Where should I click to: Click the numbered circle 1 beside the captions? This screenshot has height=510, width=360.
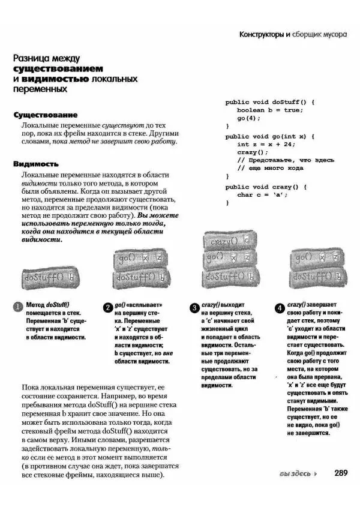pos(19,308)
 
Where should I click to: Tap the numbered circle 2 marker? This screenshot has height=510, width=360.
pos(107,308)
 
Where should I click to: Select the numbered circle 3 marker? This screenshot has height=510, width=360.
pos(194,308)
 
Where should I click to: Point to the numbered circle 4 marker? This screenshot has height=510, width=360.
pos(280,308)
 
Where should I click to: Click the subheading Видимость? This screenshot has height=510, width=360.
pos(35,163)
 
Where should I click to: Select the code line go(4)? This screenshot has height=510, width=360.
pos(249,118)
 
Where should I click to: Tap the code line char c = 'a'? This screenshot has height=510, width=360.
pos(263,194)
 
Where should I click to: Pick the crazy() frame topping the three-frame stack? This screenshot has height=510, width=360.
pos(230,241)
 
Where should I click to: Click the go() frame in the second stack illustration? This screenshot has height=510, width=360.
pos(140,259)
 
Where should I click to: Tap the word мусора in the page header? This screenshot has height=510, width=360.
pos(333,34)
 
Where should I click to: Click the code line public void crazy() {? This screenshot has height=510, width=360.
pos(266,187)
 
